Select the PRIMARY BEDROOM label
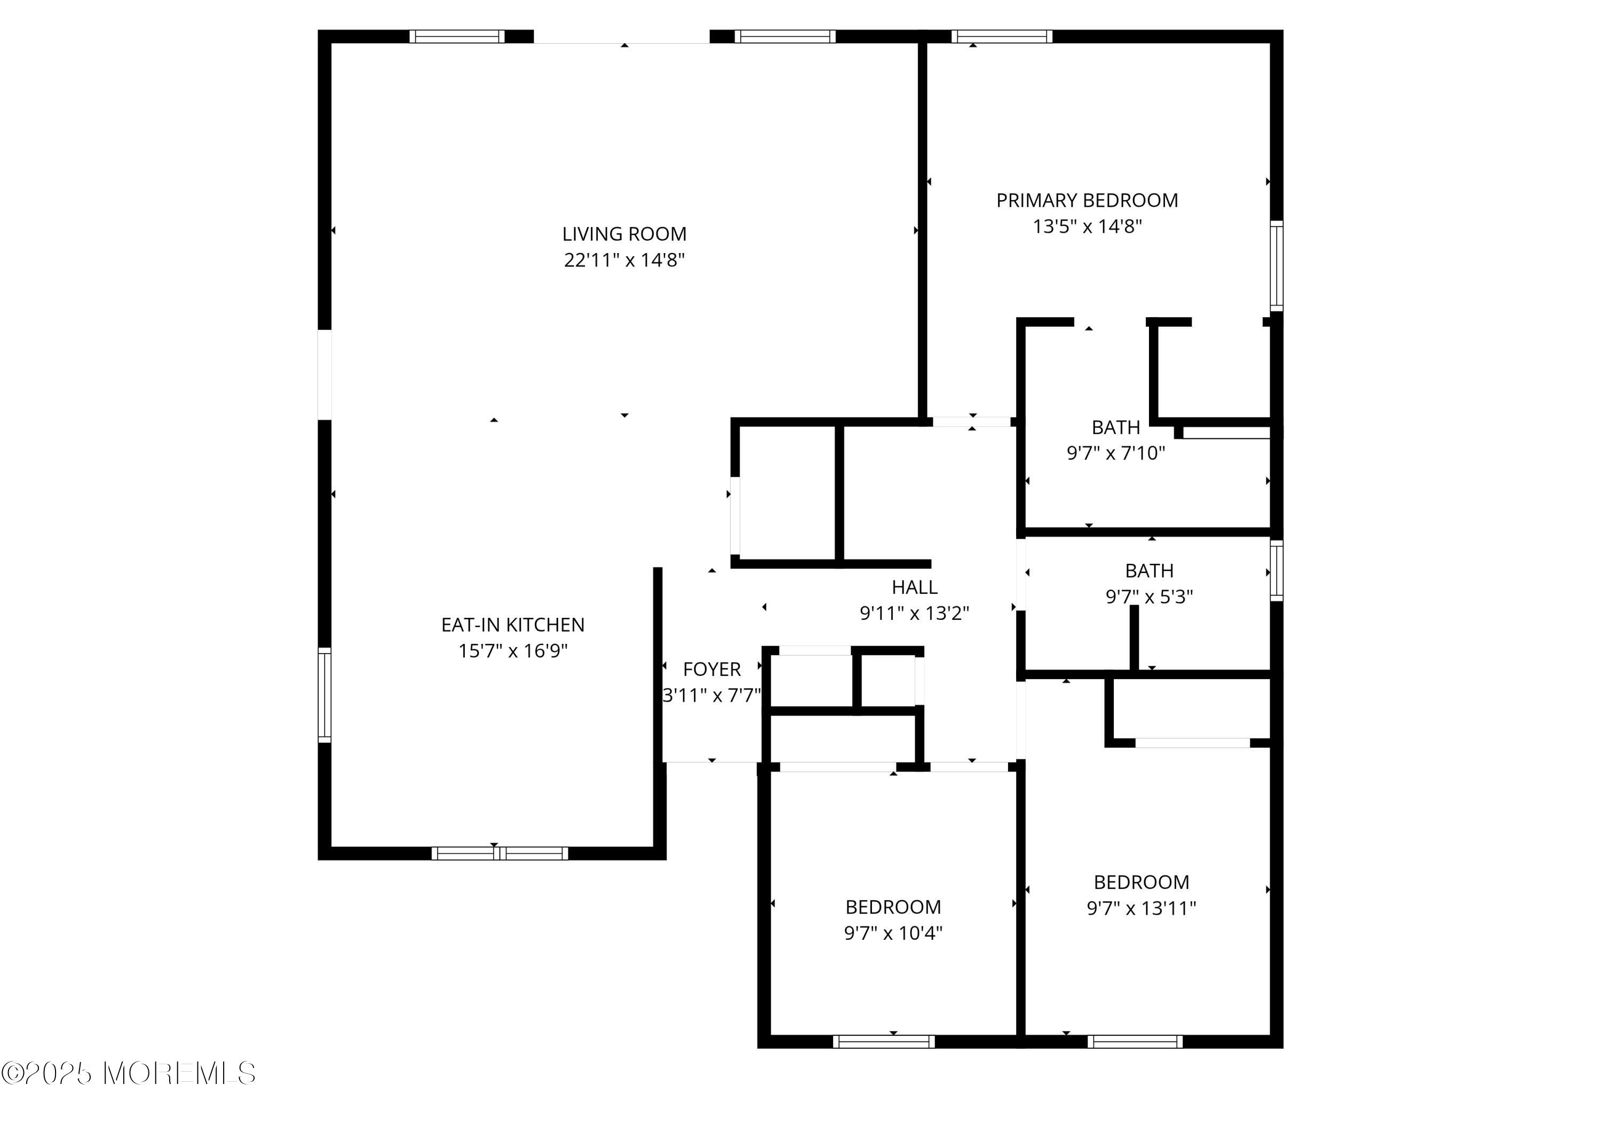1087,201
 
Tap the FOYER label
711,670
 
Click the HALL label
914,587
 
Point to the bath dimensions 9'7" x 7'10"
1116,453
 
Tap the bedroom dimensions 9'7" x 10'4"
893,933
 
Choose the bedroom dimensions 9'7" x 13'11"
1142,908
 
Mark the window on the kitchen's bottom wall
500,853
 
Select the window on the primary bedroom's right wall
1276,266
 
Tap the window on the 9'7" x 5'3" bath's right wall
1276,570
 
